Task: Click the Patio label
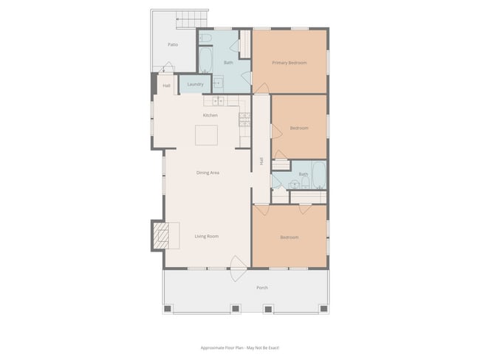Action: (x=173, y=44)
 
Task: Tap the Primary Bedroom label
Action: (x=289, y=63)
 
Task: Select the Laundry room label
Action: (x=195, y=84)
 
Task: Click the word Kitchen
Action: (x=210, y=115)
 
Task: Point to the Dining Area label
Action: (x=208, y=173)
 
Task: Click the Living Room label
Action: (x=207, y=236)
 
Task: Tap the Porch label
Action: (x=261, y=287)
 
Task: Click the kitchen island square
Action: (x=206, y=135)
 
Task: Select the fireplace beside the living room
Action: (x=160, y=235)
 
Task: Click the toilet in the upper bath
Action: (x=207, y=37)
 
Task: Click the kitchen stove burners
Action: (x=244, y=118)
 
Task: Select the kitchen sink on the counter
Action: (x=219, y=100)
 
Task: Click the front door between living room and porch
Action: (x=238, y=263)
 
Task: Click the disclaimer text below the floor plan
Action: (x=240, y=347)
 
